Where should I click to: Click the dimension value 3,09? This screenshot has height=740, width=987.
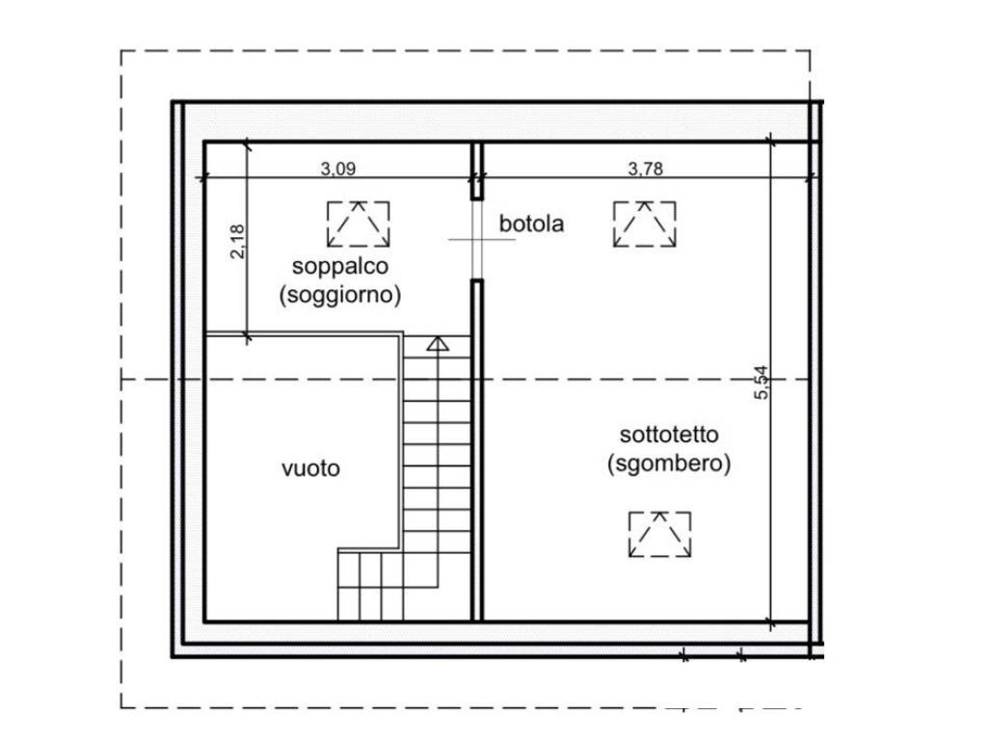pos(338,168)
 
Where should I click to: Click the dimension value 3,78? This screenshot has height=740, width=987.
pos(645,168)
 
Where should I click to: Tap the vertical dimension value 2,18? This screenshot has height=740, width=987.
pos(237,242)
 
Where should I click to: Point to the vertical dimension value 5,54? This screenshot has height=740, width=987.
pos(761,383)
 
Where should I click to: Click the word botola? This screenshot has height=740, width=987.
pos(531,224)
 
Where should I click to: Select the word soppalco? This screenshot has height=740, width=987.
pos(340,266)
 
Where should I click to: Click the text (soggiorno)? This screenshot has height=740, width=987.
pos(340,295)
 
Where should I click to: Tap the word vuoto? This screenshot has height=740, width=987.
pos(311,468)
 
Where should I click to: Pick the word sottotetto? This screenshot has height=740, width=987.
pos(669,435)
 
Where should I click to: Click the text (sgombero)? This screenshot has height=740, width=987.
pos(669,463)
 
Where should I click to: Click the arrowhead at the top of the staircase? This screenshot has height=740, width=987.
pos(438,344)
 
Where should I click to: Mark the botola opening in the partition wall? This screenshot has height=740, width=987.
pos(477,240)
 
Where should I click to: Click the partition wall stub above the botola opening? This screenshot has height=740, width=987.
pos(477,172)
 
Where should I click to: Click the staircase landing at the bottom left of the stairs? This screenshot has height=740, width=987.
pos(370,585)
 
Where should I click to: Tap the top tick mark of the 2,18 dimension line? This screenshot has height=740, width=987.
pos(247,145)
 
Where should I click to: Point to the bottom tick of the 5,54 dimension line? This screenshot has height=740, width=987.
pos(771,623)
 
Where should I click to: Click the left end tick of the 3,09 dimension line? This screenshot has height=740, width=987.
pos(202,178)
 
